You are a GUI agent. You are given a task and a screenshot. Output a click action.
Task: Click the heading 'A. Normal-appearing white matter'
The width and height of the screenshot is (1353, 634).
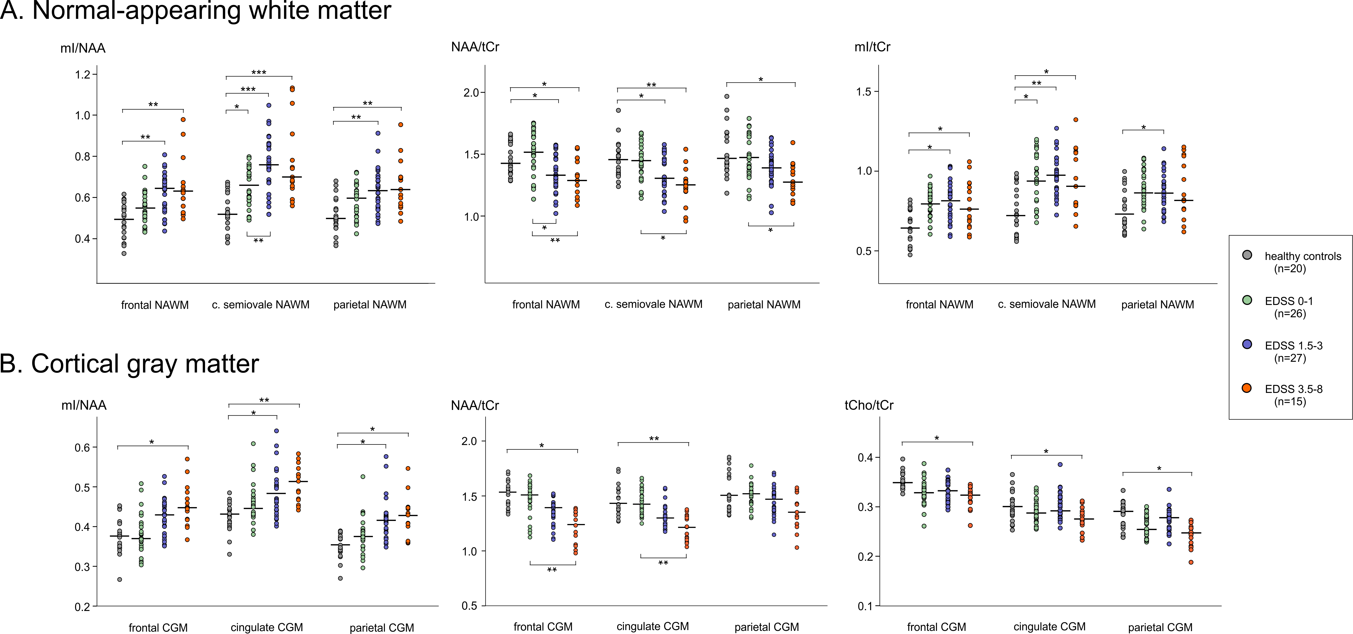(x=195, y=10)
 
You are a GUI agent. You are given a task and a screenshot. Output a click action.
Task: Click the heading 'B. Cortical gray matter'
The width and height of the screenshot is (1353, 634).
(x=129, y=364)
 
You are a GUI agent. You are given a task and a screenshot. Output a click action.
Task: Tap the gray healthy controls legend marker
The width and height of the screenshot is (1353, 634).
(x=1247, y=255)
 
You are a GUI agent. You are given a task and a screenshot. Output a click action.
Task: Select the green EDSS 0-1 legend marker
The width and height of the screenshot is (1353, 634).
(x=1247, y=300)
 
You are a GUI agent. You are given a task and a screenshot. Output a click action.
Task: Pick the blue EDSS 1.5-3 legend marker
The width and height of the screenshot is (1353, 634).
(x=1247, y=344)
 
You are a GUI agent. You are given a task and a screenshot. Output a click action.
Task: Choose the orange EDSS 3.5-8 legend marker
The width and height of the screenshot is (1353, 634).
(x=1247, y=388)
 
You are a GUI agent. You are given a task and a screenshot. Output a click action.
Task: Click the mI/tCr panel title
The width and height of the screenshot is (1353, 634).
(x=872, y=47)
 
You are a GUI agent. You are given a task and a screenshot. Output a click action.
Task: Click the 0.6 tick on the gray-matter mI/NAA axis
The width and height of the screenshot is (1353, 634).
(x=83, y=447)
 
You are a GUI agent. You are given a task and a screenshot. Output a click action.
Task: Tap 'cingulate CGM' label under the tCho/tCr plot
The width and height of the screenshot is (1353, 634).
(x=1049, y=627)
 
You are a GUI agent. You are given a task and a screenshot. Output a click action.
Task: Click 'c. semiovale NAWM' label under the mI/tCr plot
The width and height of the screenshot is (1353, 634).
(x=1047, y=304)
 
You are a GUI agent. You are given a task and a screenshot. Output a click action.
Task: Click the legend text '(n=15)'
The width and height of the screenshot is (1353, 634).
(x=1290, y=402)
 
